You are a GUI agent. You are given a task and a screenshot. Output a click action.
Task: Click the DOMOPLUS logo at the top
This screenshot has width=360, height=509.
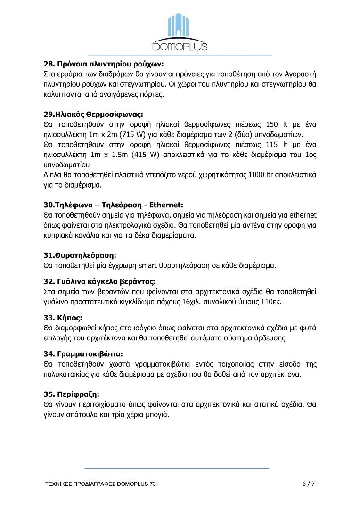[x=180, y=32]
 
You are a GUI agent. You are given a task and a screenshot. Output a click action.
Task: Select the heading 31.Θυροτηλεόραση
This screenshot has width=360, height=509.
[x=80, y=255]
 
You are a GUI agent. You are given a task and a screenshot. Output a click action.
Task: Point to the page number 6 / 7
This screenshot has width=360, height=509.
[x=309, y=484]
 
